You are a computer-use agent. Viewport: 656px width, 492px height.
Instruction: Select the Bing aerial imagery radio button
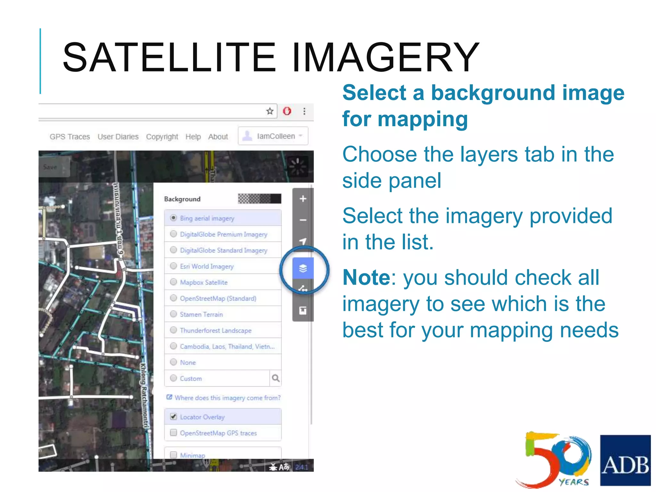[173, 218]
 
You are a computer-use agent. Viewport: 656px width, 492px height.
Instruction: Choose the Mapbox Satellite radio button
[173, 282]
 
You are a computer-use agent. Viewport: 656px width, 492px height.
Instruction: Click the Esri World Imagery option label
[207, 266]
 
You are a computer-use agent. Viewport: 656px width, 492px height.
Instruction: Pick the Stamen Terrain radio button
[173, 314]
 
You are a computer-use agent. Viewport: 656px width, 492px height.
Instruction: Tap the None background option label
[188, 362]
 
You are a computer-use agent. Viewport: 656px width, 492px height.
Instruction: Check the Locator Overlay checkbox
[173, 416]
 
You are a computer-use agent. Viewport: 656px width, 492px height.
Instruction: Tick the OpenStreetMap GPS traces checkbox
[173, 432]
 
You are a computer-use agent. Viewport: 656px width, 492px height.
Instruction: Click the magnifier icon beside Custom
[275, 378]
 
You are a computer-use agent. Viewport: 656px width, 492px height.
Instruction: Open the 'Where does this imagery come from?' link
[227, 398]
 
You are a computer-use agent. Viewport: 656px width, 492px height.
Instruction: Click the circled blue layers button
[303, 268]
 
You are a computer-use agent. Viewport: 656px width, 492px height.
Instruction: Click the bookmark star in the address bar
[270, 111]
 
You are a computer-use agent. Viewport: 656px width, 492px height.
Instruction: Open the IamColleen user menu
[273, 136]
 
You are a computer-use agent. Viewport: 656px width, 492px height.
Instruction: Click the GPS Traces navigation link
[70, 137]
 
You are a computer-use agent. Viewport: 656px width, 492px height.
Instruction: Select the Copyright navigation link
[162, 137]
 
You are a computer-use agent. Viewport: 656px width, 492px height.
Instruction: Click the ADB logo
[625, 460]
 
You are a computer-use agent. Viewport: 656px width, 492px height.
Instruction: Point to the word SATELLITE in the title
[169, 58]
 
